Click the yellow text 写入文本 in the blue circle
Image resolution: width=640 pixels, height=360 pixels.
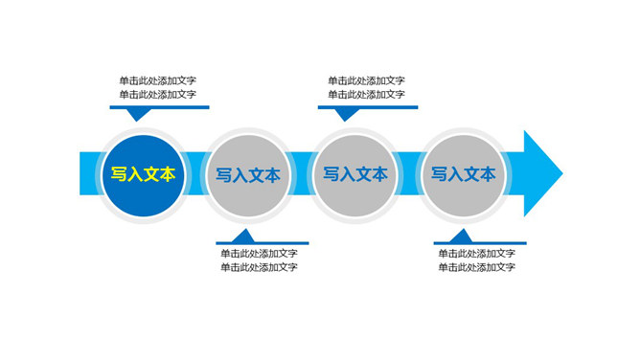coord(143,174)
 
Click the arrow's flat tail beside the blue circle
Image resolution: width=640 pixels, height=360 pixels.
coord(88,173)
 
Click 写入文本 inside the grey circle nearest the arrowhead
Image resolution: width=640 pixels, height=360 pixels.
coord(464,174)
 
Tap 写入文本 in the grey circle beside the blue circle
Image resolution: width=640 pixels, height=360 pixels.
coord(248,175)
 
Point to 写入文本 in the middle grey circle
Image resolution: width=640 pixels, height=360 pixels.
coord(355,174)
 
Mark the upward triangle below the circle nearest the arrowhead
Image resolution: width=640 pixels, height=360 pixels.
coord(462,236)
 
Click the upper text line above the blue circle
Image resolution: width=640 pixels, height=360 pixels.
coord(158,80)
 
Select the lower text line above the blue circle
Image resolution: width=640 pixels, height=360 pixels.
coord(158,95)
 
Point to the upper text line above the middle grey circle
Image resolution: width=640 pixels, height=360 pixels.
coord(366,80)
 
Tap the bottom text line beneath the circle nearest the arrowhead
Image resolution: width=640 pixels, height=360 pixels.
coord(477,268)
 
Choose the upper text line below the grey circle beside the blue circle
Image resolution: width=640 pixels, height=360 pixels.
coord(259,254)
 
